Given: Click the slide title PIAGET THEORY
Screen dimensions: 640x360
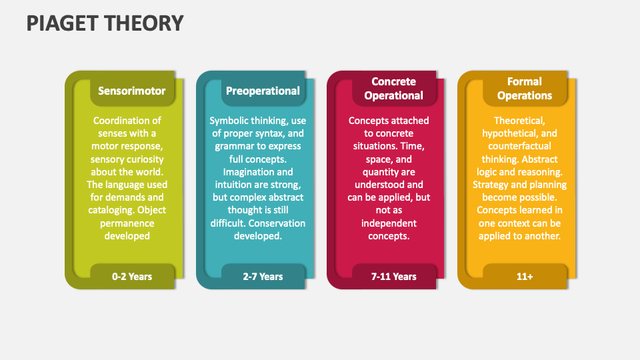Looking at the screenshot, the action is point(105,23).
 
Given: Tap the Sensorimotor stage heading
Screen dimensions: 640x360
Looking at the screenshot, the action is point(132,91).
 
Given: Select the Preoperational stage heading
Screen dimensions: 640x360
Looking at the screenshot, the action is point(263,91).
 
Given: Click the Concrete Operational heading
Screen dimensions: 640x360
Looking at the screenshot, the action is point(393,89).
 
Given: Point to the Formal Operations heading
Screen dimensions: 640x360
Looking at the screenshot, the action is point(525,89).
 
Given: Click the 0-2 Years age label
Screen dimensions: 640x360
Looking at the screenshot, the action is point(132,277).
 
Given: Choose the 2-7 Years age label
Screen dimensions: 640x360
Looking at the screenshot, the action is point(263,277).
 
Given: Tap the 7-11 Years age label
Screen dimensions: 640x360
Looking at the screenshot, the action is point(393,277).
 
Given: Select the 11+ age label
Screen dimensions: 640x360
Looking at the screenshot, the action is point(525,277).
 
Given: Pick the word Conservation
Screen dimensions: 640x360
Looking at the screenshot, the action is point(277,223).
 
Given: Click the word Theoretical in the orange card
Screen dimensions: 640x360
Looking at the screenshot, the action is point(519,121).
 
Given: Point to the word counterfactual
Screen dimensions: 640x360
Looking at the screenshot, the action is point(519,146).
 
